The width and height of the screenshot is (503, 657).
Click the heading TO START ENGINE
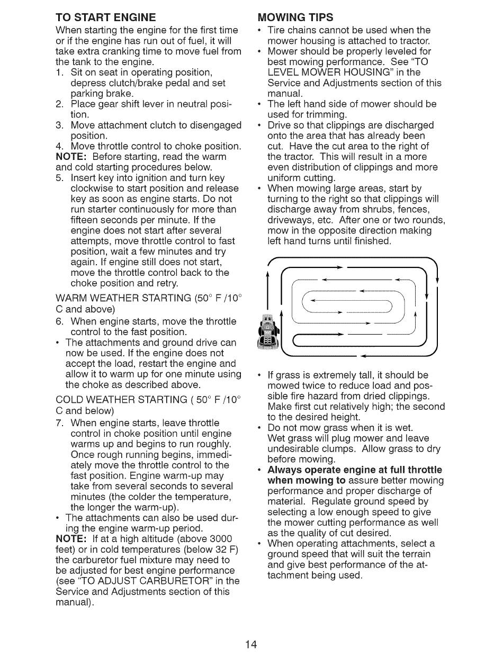105,18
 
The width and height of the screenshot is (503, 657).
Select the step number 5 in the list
60,178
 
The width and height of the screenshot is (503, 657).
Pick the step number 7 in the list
60,423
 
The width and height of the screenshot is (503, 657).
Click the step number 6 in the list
60,321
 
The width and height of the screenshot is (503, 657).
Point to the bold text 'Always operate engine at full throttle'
355,470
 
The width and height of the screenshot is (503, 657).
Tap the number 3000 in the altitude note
221,539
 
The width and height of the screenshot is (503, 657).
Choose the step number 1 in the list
60,72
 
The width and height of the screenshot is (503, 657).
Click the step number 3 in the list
60,125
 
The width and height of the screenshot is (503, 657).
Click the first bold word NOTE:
71,157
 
